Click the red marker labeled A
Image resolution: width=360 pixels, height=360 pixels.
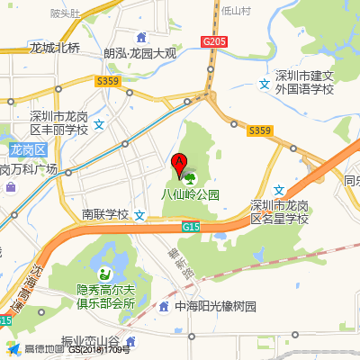(178, 165)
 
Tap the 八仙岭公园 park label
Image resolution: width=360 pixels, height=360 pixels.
(190, 193)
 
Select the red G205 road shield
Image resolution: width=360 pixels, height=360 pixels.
(213, 41)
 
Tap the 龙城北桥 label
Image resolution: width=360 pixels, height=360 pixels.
(55, 48)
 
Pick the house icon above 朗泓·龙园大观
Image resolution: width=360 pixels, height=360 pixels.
(140, 37)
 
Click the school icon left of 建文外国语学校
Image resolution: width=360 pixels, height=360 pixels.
(265, 84)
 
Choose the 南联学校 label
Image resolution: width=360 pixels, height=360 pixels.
(106, 214)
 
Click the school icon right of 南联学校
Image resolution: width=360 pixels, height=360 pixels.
(139, 215)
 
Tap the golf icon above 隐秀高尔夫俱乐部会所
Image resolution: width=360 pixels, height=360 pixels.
(105, 273)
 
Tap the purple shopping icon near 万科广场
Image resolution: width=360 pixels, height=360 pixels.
(11, 187)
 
